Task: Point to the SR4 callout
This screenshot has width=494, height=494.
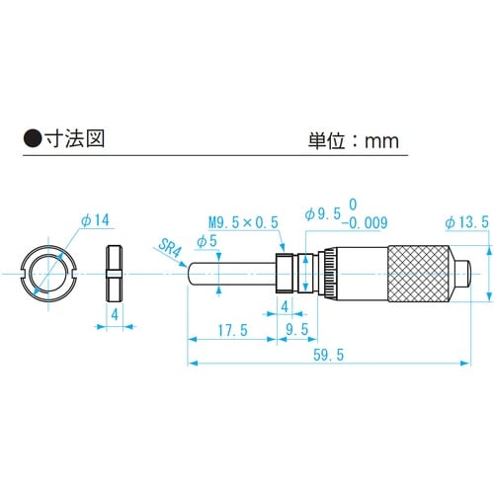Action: click(x=170, y=247)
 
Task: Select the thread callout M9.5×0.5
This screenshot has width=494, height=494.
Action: click(x=241, y=222)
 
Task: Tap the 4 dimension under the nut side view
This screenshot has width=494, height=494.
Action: click(x=115, y=313)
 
